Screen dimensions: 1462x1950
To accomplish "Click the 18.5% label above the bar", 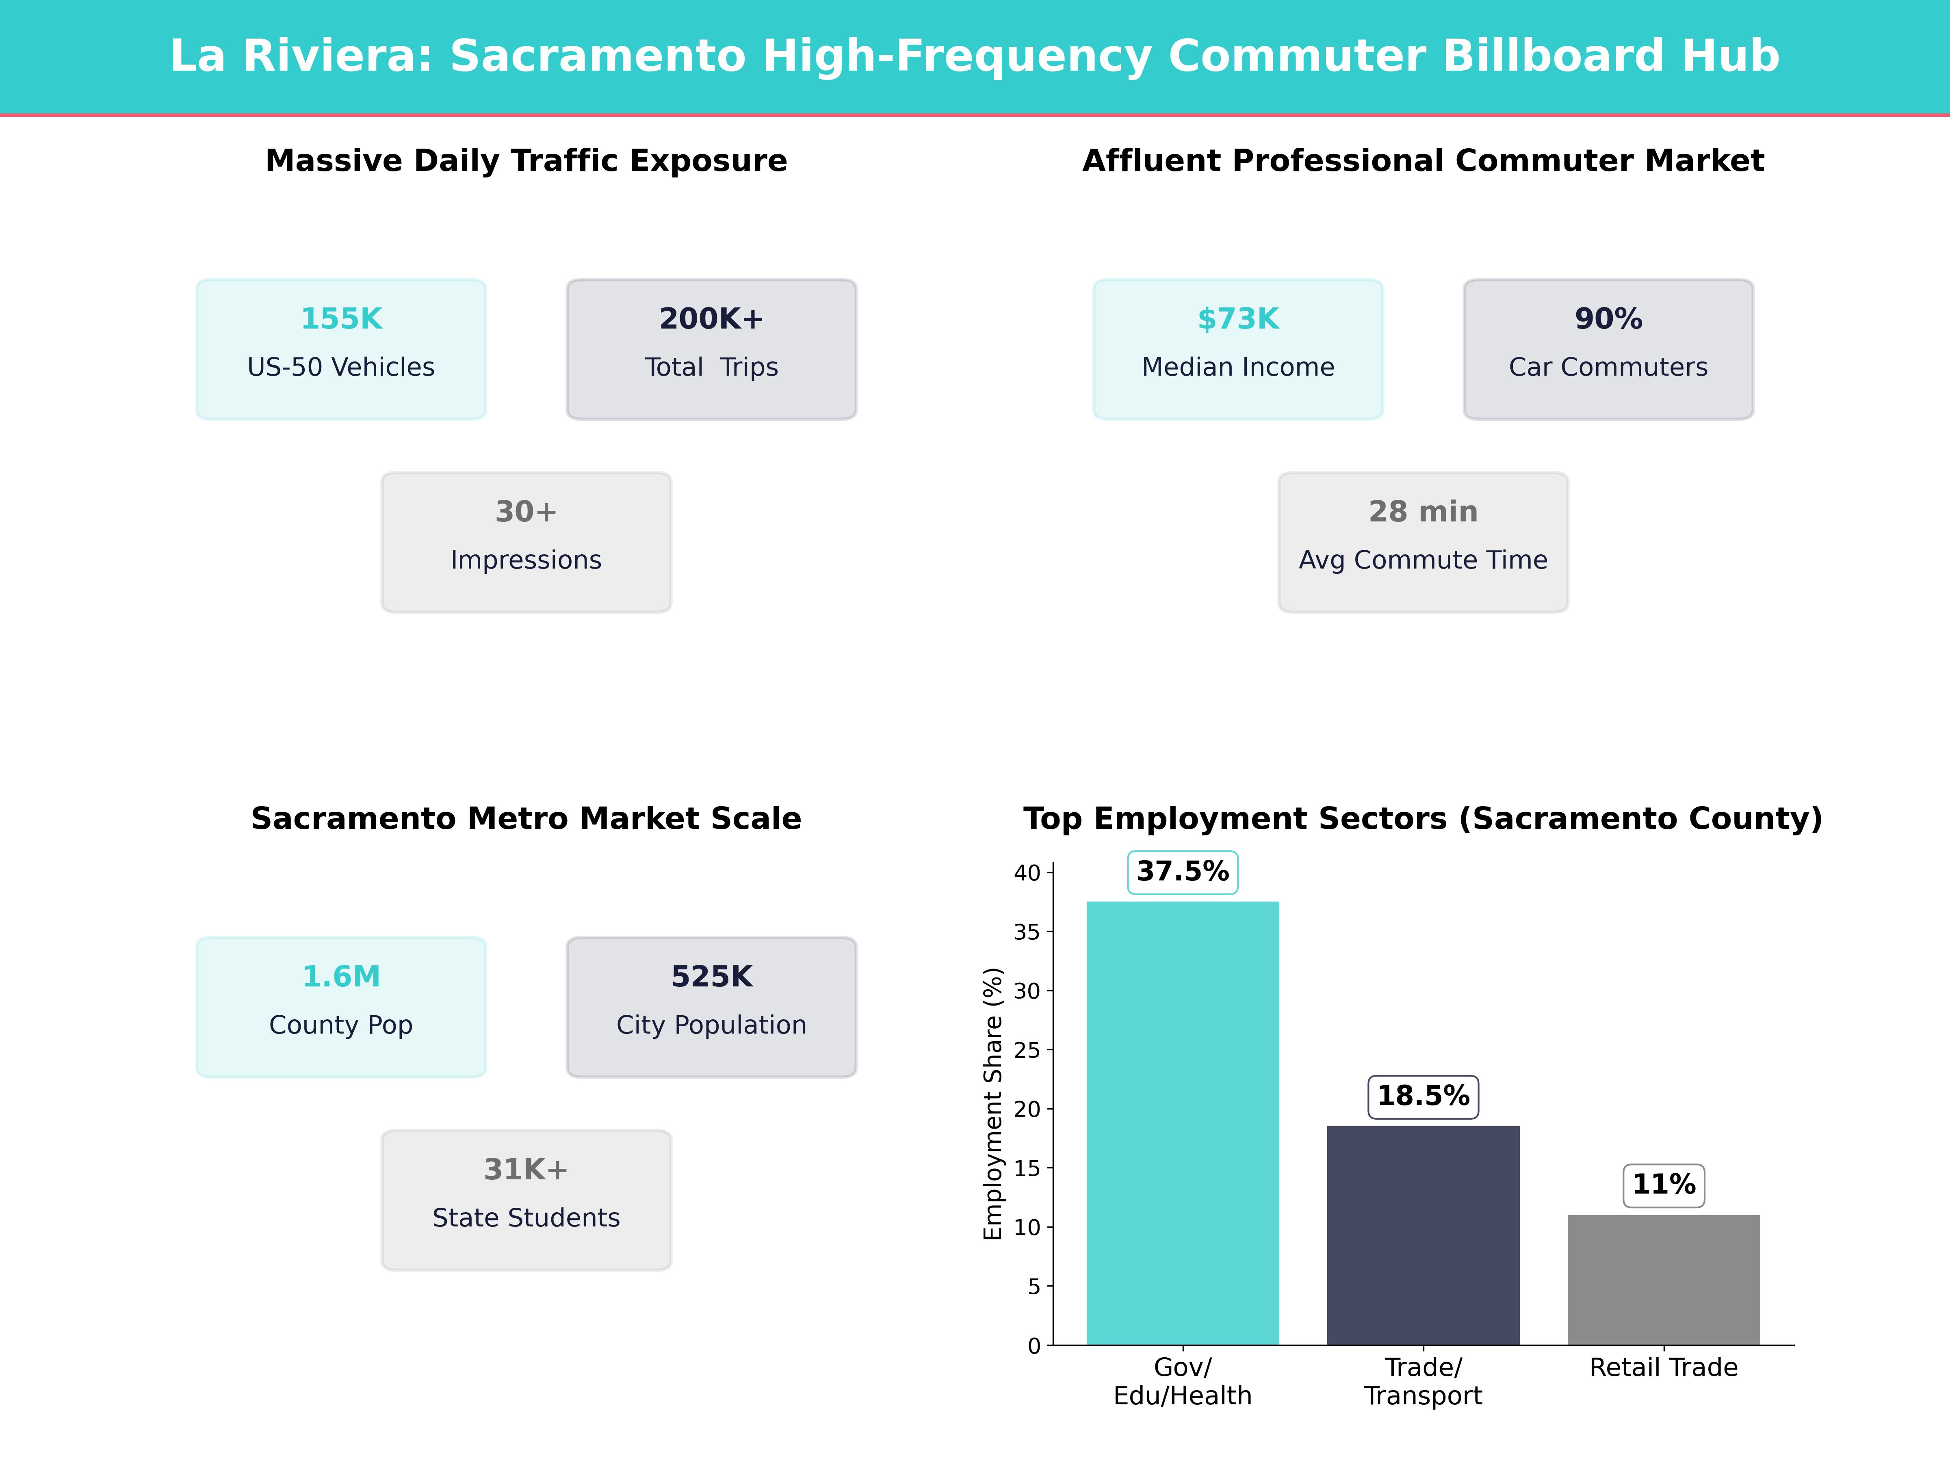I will point(1423,1096).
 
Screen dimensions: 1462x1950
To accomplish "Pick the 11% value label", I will point(1664,1184).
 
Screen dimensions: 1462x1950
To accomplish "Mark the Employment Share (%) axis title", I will point(994,1103).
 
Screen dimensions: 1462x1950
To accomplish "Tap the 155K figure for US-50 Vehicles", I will point(341,319).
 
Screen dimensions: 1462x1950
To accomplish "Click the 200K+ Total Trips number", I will point(711,319).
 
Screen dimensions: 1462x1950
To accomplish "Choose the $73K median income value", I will point(1238,319).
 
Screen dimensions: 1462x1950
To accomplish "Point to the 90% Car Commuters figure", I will point(1608,319).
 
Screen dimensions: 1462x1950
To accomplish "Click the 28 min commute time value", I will point(1423,512).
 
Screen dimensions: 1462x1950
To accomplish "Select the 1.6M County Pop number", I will point(341,976).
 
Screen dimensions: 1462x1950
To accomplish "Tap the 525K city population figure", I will point(711,976).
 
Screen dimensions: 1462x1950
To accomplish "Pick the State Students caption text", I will point(526,1218).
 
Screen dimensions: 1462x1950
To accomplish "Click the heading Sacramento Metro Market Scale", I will point(526,819).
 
